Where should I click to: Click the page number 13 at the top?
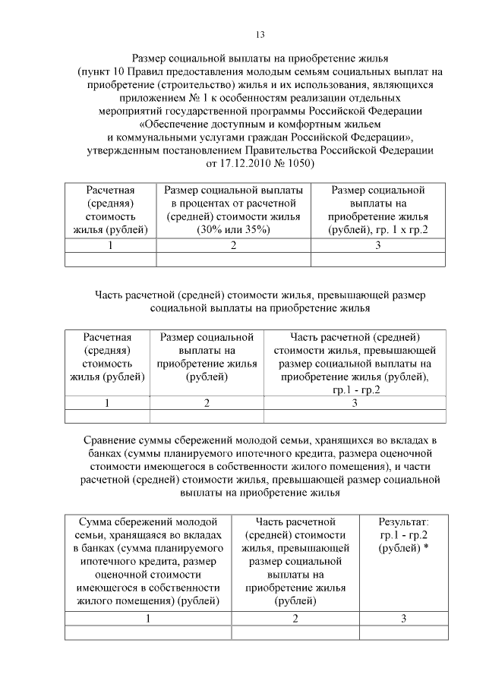[260, 35]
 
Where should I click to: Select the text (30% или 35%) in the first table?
[233, 230]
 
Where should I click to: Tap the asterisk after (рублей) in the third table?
[427, 548]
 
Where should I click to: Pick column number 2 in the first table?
[233, 245]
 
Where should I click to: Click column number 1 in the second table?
[107, 403]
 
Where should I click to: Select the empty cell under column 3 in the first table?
[377, 260]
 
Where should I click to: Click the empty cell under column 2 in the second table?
[207, 416]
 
